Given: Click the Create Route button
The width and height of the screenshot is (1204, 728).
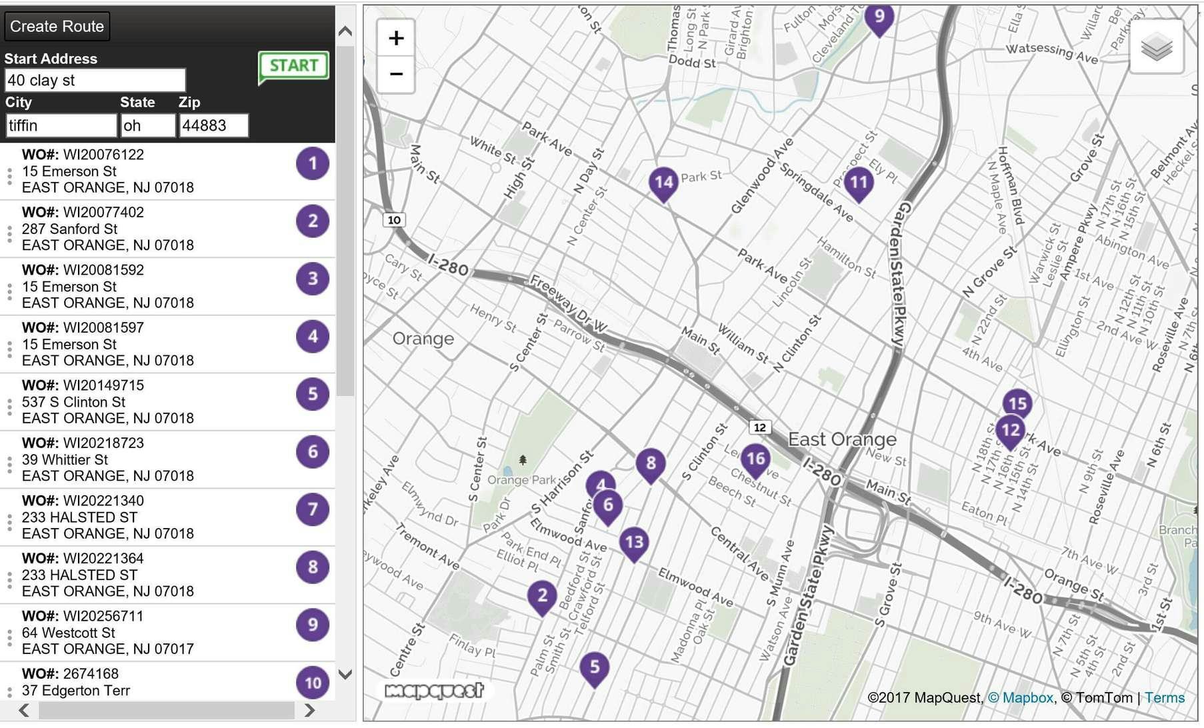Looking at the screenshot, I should click(57, 27).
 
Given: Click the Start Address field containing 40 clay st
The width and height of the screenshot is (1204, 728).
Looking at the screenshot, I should click(95, 81).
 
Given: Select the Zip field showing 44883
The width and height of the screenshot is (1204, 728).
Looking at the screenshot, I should click(213, 125).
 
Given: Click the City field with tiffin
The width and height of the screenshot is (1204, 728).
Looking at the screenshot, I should click(61, 125).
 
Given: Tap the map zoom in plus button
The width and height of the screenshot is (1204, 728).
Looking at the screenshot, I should click(396, 38).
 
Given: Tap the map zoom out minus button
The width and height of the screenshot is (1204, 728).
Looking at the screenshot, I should click(396, 73).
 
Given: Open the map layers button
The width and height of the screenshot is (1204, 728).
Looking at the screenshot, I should click(1157, 47).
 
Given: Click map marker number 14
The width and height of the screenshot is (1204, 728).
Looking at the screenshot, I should click(663, 182).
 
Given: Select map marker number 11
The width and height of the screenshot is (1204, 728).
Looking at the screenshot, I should click(859, 182).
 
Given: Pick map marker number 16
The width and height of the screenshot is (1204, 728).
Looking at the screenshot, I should click(755, 459).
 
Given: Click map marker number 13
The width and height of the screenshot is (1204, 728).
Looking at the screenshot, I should click(634, 541).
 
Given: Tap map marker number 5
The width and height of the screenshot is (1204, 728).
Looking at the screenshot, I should click(595, 666).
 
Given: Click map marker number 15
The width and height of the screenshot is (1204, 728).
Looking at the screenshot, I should click(1017, 403).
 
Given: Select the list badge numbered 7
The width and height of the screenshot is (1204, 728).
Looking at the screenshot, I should click(313, 509).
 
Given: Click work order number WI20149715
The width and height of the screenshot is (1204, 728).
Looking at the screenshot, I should click(103, 385).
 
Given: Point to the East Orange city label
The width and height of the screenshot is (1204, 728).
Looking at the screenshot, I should click(842, 439).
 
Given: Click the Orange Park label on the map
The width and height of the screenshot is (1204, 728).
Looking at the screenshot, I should click(521, 480).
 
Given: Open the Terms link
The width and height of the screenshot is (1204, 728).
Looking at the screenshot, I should click(1165, 698).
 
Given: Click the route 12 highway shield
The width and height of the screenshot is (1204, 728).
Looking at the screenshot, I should click(759, 427).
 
